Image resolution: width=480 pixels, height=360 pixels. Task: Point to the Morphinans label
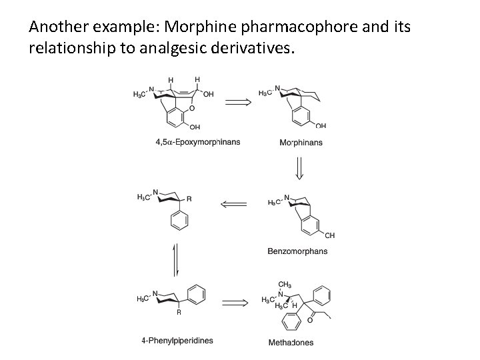(300, 142)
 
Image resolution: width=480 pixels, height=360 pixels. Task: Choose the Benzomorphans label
(297, 251)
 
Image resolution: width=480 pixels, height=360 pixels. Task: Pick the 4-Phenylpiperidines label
(177, 341)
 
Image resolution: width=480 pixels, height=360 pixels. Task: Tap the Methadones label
(291, 343)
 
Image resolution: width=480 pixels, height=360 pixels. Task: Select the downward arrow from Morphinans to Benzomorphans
(299, 167)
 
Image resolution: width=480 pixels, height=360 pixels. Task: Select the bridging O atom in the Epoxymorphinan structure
(192, 107)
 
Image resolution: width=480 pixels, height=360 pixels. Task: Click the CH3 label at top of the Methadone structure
(285, 284)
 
